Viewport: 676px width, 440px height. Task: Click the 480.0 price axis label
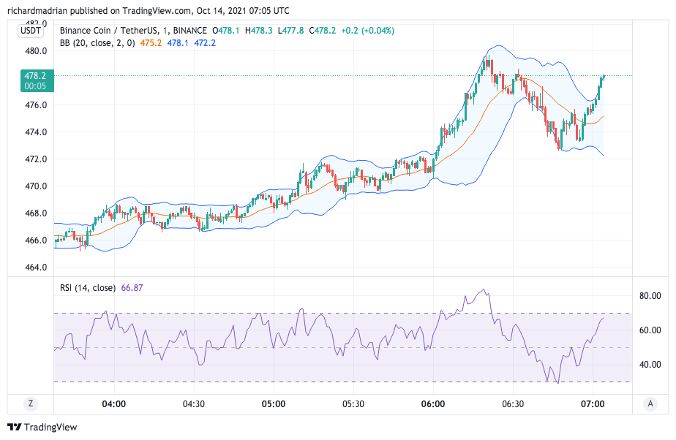click(36, 51)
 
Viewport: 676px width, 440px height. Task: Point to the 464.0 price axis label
click(36, 267)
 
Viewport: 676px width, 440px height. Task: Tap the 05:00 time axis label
click(273, 403)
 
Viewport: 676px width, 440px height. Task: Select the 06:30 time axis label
click(513, 403)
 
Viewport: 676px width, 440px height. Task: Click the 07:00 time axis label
click(593, 403)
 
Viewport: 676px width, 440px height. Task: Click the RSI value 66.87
click(132, 288)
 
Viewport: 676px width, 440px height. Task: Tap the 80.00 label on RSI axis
click(650, 296)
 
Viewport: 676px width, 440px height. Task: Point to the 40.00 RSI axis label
click(650, 365)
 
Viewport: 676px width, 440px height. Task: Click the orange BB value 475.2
click(151, 43)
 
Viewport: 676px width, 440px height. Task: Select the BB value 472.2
click(204, 43)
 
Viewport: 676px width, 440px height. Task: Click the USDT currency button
click(31, 30)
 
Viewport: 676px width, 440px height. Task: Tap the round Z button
click(31, 403)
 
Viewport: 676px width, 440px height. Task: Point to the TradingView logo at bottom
click(42, 427)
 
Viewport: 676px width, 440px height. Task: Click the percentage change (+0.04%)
click(375, 31)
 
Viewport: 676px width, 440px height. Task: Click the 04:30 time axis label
click(193, 403)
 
